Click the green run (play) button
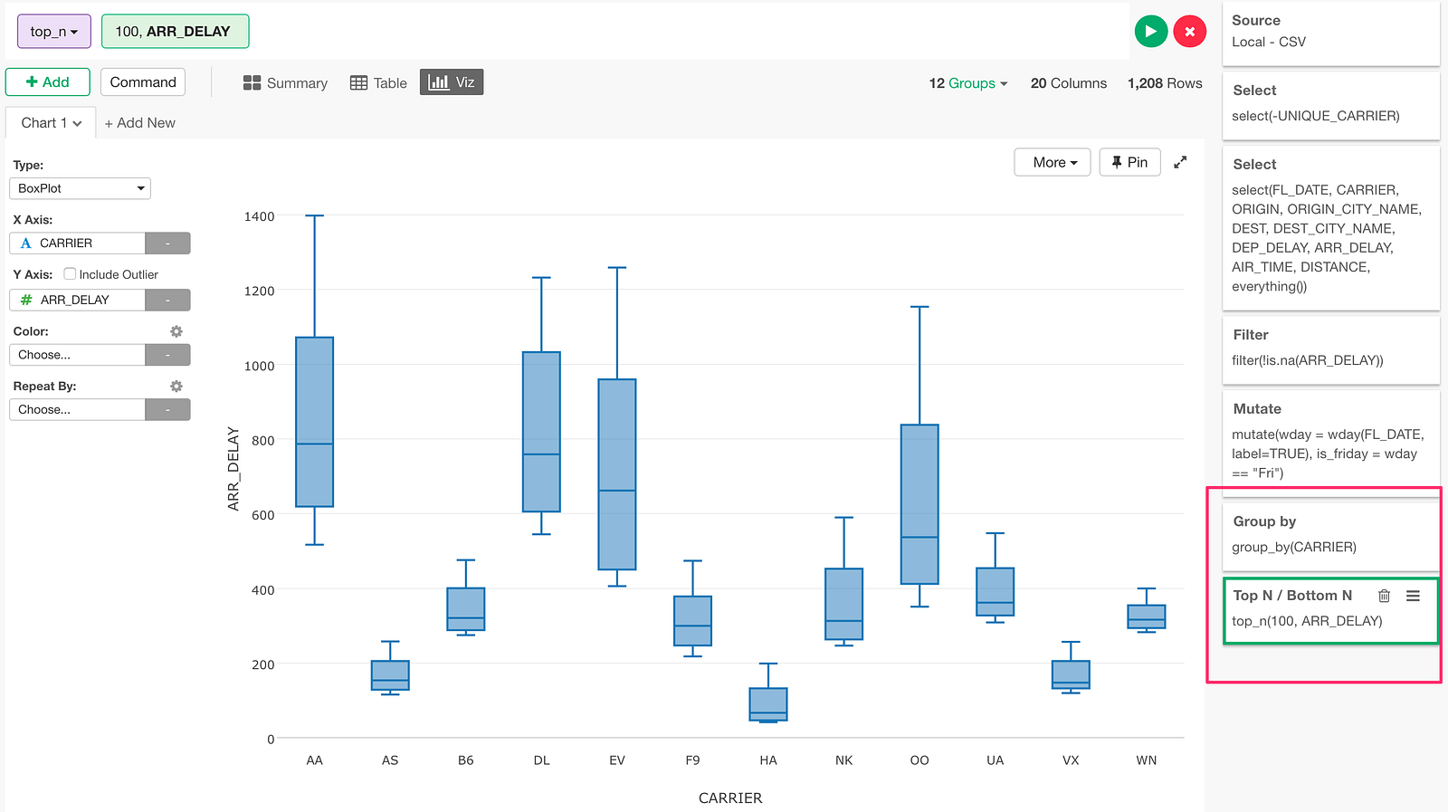[x=1150, y=31]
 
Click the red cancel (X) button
[x=1189, y=31]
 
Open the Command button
[x=143, y=82]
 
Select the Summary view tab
[x=285, y=82]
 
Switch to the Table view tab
[x=378, y=82]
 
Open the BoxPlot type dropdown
[x=81, y=188]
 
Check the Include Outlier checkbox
[x=70, y=273]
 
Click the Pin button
[x=1129, y=162]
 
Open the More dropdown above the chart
[x=1053, y=162]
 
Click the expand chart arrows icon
[x=1180, y=162]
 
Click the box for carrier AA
[x=315, y=422]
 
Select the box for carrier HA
[x=768, y=704]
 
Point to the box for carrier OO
[x=919, y=504]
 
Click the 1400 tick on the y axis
[x=259, y=216]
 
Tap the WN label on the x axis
[x=1146, y=760]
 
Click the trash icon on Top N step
[x=1384, y=596]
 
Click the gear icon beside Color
[x=176, y=331]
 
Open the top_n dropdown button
[x=54, y=31]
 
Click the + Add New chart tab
[x=140, y=123]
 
